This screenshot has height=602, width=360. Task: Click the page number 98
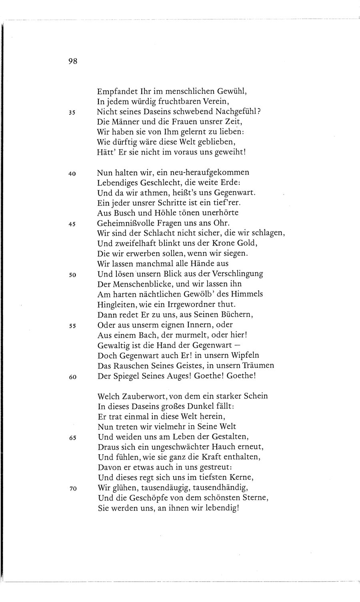click(72, 61)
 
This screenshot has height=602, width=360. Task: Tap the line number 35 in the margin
click(72, 113)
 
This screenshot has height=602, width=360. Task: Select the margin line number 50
click(72, 275)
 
